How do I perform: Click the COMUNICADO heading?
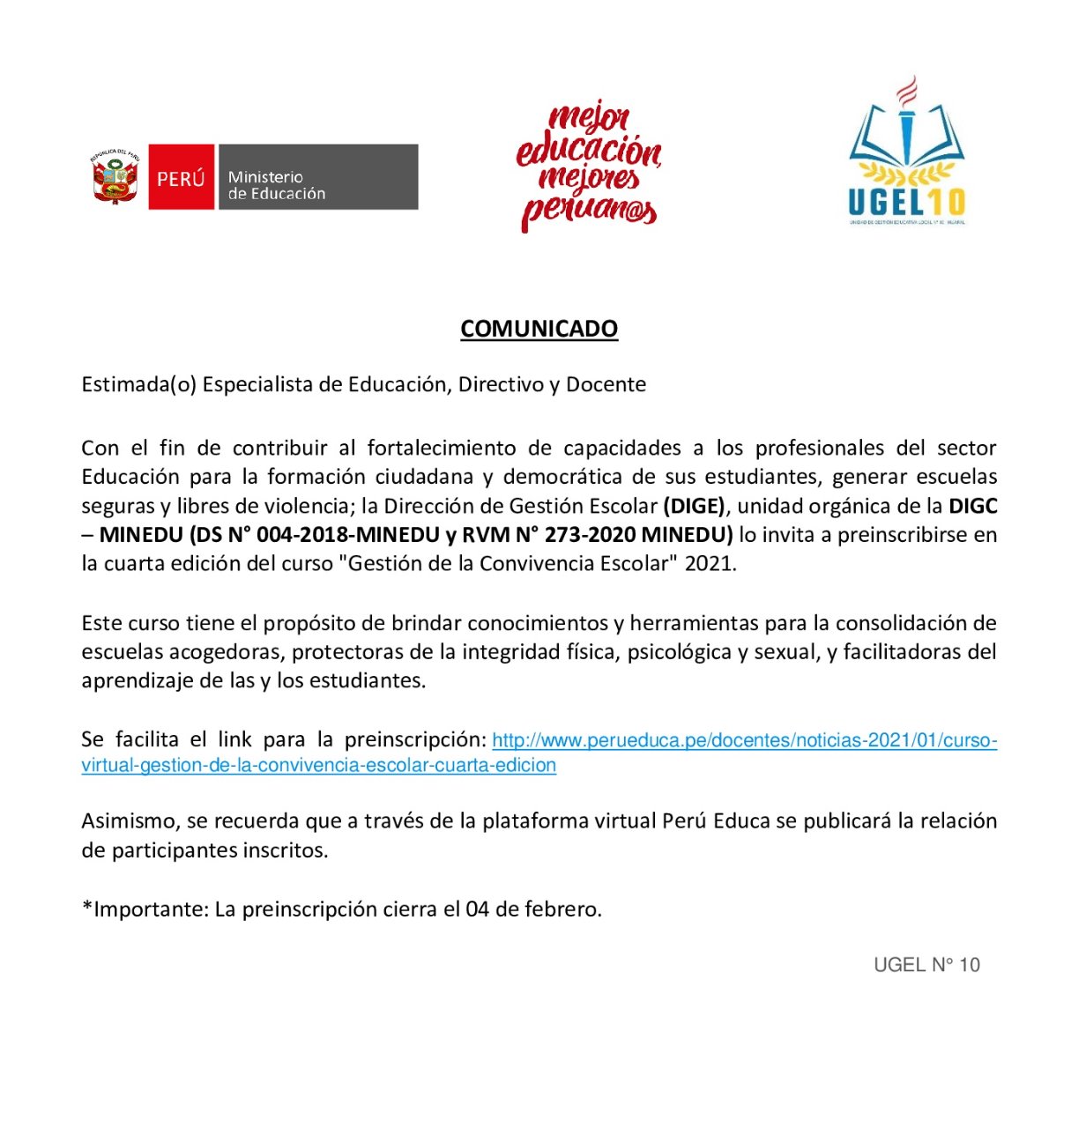click(539, 329)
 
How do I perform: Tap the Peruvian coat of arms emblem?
click(115, 177)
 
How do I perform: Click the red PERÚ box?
click(181, 177)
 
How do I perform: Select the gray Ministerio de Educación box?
click(317, 177)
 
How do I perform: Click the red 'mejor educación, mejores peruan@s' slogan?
click(589, 166)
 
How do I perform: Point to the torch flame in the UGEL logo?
click(907, 90)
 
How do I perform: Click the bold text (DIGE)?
click(695, 506)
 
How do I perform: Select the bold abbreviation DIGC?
click(972, 506)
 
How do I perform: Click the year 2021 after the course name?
click(710, 564)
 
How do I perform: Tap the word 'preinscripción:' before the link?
click(415, 739)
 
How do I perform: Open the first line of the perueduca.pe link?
click(744, 740)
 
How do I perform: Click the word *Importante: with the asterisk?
click(145, 909)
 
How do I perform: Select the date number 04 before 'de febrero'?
click(477, 909)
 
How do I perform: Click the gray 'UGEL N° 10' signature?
click(926, 965)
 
